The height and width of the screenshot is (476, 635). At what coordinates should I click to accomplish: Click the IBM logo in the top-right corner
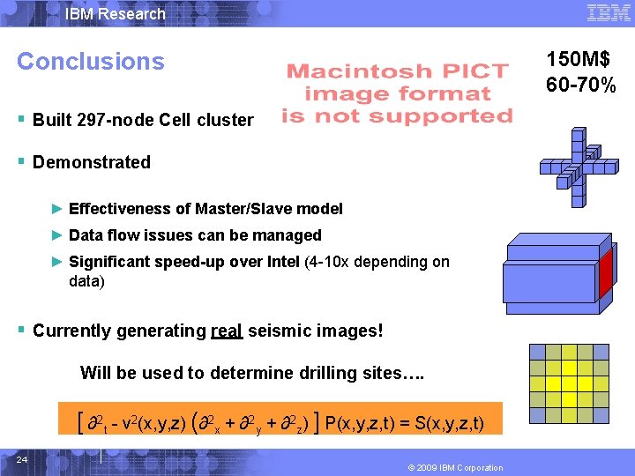pyautogui.click(x=607, y=12)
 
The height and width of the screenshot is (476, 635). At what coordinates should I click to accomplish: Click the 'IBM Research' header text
pyautogui.click(x=116, y=13)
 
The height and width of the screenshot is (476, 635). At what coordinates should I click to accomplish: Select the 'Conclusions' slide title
pyautogui.click(x=90, y=62)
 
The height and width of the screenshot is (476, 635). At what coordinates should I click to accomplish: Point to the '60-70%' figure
pyautogui.click(x=580, y=85)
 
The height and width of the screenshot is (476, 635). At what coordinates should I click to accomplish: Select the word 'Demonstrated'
pyautogui.click(x=91, y=162)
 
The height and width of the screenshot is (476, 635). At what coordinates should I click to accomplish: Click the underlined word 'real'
pyautogui.click(x=228, y=331)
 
